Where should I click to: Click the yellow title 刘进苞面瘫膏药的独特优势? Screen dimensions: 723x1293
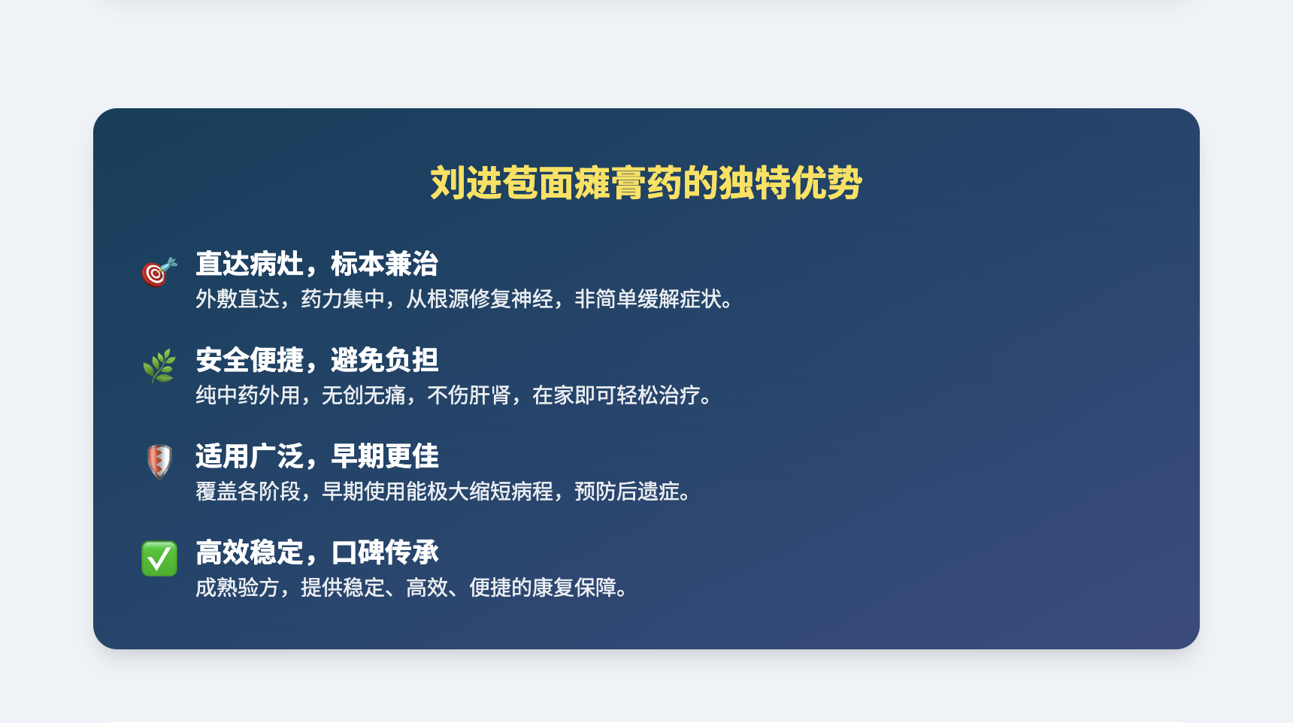646,183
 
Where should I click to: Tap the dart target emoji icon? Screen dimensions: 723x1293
159,272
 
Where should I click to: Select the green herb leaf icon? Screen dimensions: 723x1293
159,366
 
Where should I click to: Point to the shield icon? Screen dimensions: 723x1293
159,461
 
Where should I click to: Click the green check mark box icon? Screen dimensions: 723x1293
159,558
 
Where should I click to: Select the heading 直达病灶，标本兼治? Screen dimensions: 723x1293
316,264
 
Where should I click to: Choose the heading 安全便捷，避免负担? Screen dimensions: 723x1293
316,360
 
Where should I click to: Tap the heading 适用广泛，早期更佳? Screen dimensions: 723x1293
316,456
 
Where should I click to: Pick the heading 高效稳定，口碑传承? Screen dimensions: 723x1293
316,552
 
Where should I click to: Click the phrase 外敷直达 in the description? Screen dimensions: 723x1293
238,299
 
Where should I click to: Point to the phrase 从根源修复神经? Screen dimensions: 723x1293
480,299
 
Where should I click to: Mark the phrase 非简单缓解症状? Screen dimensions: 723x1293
648,299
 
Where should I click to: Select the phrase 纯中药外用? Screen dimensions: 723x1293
248,395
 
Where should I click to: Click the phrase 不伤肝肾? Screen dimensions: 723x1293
469,395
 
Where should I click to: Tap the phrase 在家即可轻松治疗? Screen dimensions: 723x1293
616,395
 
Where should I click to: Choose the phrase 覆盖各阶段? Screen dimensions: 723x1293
248,492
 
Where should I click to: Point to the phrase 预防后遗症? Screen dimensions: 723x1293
627,492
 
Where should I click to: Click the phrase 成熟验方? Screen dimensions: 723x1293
238,588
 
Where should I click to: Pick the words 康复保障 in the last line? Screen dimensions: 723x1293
574,588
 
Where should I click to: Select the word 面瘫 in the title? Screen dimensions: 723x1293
574,183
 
